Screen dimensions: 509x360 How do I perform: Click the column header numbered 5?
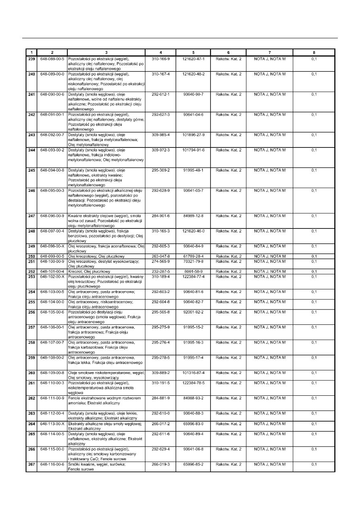(x=194, y=52)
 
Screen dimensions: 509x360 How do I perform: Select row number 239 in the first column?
(x=31, y=59)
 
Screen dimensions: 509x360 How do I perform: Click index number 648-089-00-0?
(x=52, y=74)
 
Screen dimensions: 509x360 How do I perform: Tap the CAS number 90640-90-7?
(x=194, y=94)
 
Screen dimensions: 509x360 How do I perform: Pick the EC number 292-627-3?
(x=160, y=114)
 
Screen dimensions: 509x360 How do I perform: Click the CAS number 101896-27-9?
(x=194, y=135)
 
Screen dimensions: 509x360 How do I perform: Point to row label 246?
(x=31, y=190)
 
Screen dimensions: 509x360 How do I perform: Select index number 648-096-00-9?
(x=52, y=216)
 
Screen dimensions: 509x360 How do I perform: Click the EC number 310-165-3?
(x=160, y=231)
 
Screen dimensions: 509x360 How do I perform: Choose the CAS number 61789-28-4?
(x=194, y=256)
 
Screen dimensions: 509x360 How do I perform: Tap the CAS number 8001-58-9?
(x=194, y=271)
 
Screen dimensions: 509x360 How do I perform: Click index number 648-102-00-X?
(x=52, y=276)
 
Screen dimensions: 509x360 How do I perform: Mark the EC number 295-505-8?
(x=160, y=312)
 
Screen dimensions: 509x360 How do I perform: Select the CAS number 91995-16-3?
(x=194, y=342)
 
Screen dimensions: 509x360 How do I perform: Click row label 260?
(x=31, y=372)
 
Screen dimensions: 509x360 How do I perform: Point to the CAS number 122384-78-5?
(x=194, y=382)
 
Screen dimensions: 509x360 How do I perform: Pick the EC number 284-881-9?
(x=160, y=398)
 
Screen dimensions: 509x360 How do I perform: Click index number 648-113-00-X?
(x=52, y=424)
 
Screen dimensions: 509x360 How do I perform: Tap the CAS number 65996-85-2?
(x=194, y=464)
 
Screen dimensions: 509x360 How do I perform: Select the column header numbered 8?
(x=314, y=52)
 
